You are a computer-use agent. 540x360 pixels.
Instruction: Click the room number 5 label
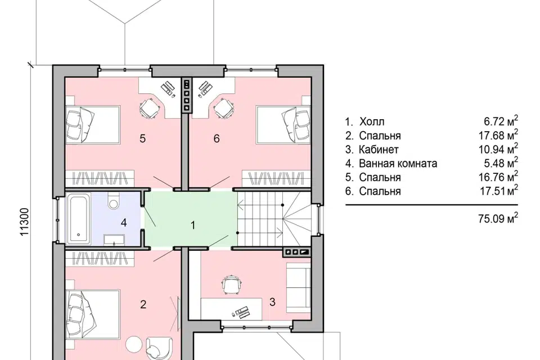click(142, 138)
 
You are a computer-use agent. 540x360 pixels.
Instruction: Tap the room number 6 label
click(216, 138)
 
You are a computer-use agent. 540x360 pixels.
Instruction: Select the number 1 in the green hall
click(193, 226)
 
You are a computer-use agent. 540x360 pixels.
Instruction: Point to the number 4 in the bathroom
click(124, 223)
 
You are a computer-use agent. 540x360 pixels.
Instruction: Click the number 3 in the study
click(272, 302)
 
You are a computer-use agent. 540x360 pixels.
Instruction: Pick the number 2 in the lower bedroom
click(143, 304)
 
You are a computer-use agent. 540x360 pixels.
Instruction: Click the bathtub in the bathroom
click(79, 219)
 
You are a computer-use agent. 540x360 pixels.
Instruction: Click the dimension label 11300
click(24, 222)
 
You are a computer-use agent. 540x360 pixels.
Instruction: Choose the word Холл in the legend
click(372, 121)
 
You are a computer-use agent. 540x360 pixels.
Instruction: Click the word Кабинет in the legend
click(379, 150)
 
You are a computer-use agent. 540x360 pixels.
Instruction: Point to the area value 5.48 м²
click(501, 163)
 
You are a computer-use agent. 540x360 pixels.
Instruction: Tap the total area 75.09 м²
click(498, 218)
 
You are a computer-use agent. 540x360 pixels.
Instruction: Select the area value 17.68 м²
click(498, 135)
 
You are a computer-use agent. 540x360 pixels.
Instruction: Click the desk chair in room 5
click(150, 108)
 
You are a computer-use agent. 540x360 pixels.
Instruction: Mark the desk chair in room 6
click(224, 108)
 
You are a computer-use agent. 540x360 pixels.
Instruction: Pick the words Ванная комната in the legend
click(398, 163)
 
